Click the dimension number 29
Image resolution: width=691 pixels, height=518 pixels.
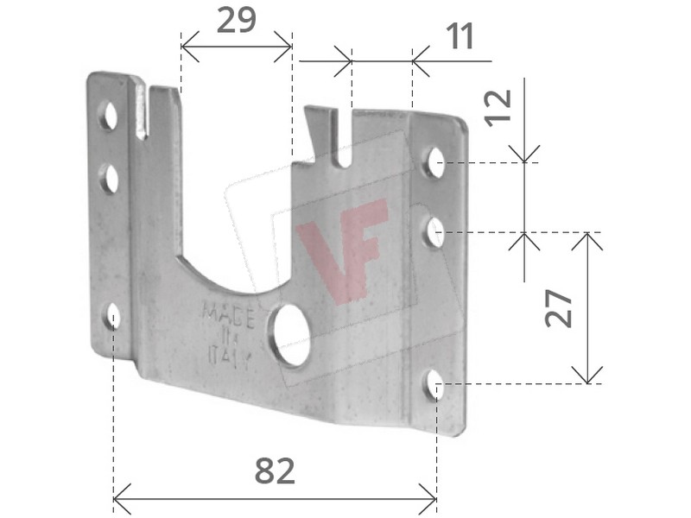point(236,20)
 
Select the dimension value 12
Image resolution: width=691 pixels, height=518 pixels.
point(498,108)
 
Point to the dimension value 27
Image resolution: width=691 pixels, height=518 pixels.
point(558,308)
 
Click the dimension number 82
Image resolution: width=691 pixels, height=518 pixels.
point(275,471)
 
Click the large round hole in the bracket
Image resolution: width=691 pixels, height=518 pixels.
point(291,336)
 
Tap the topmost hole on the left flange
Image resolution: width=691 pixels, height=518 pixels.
point(108,116)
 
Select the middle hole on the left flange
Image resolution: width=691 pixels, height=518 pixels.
point(109,179)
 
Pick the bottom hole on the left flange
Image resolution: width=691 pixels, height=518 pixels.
point(112,316)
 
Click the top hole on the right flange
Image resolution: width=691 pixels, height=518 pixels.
point(436,162)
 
